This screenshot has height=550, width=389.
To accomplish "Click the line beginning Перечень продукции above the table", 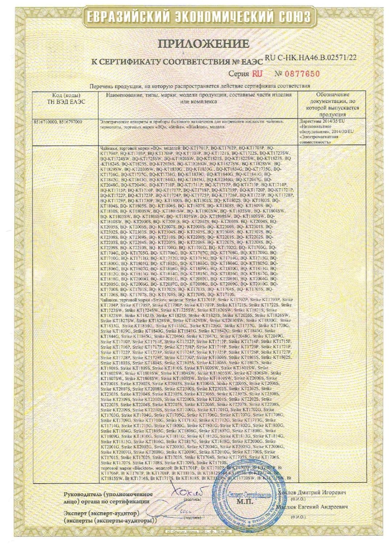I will (x=200, y=86).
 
